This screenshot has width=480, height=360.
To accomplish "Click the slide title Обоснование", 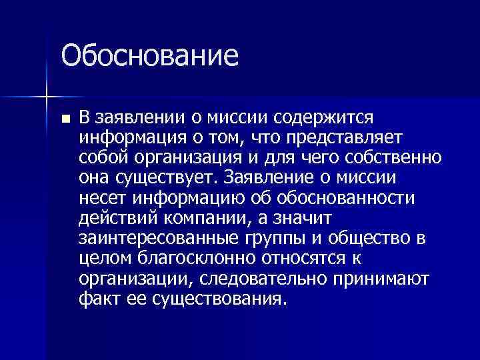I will tap(150, 55).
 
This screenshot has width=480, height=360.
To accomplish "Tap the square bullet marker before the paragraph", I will tap(65, 119).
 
